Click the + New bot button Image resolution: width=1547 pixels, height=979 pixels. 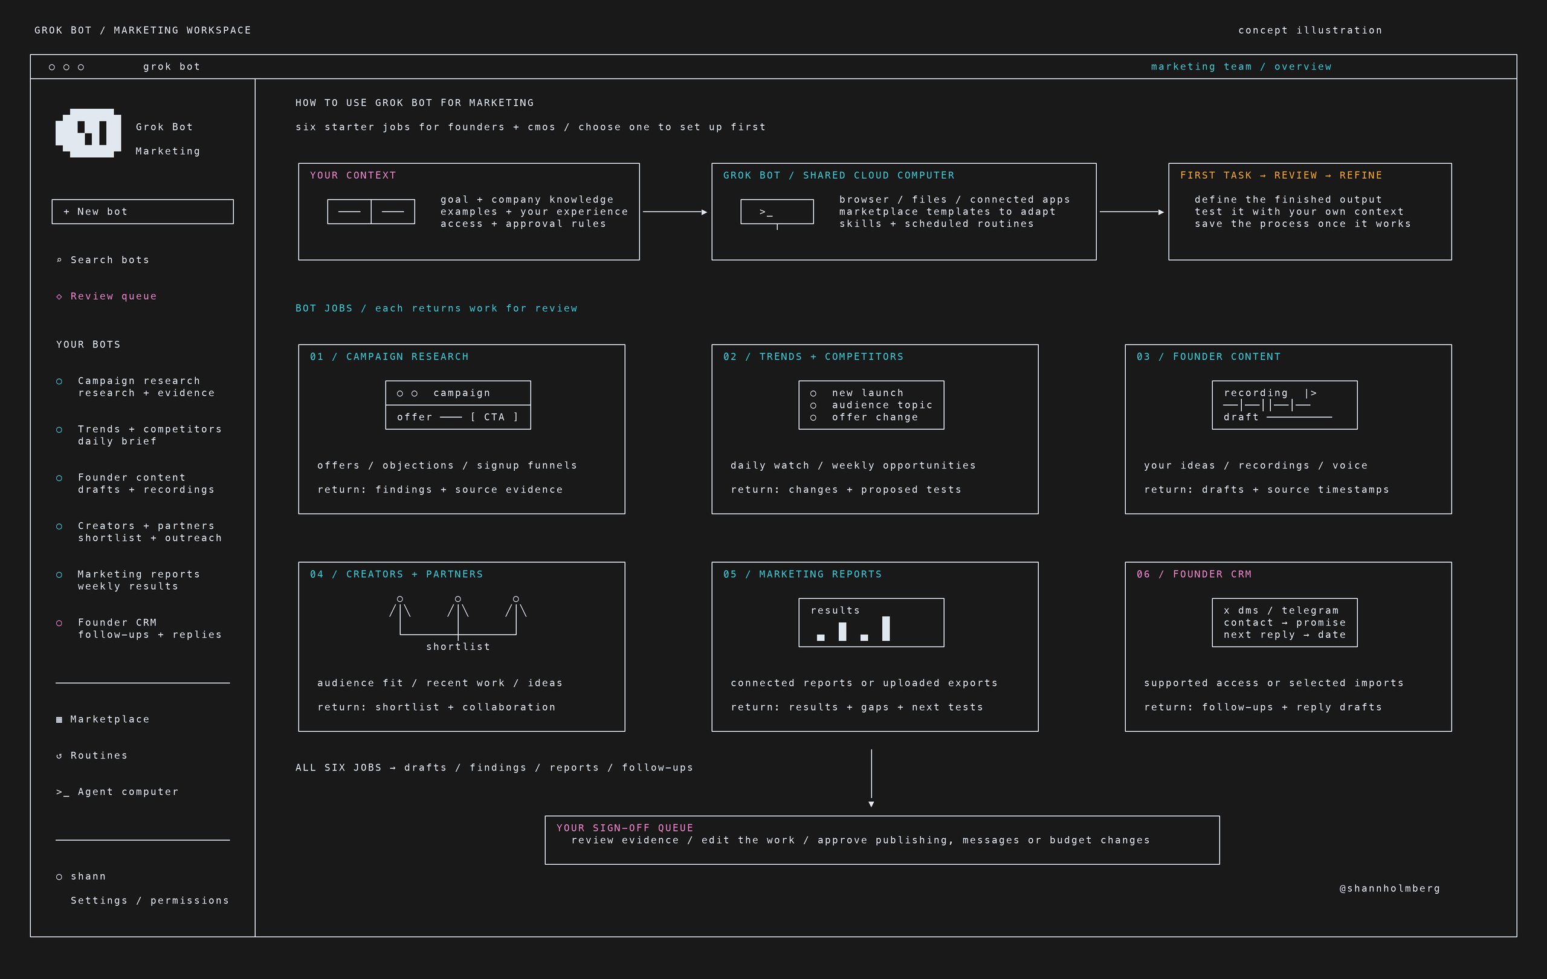(143, 212)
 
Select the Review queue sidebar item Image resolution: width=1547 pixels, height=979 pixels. (106, 296)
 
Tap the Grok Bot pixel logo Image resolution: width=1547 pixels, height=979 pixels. (88, 133)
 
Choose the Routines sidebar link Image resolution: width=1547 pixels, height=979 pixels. (92, 755)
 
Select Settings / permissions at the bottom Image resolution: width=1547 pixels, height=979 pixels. (150, 900)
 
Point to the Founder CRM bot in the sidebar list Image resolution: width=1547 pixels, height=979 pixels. (139, 628)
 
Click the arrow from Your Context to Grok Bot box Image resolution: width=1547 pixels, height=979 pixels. (675, 212)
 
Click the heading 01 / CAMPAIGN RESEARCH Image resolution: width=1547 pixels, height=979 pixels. (389, 357)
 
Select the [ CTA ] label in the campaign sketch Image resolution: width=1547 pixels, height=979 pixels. (494, 418)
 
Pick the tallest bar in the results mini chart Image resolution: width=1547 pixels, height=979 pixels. (886, 628)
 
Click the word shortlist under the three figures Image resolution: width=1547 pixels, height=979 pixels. (458, 647)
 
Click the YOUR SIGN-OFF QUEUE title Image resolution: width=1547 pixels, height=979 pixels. (625, 828)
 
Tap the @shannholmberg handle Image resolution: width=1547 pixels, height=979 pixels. (1390, 888)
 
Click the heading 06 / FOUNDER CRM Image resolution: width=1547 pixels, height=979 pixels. (1193, 574)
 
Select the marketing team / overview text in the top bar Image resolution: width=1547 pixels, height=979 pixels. (1241, 67)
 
